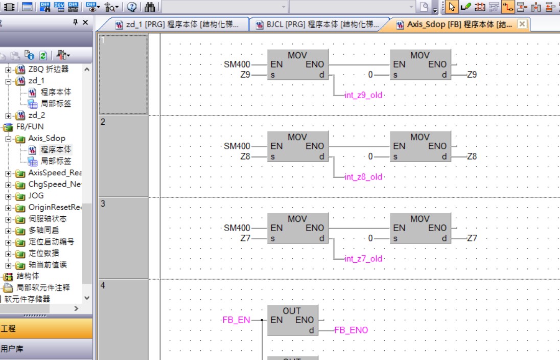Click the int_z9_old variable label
click(x=363, y=95)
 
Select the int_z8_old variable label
click(x=363, y=177)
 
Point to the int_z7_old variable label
click(x=363, y=259)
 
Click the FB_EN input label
click(x=236, y=320)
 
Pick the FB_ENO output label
click(x=351, y=330)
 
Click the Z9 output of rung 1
click(x=472, y=75)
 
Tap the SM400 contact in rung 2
click(x=237, y=146)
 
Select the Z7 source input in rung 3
click(x=245, y=238)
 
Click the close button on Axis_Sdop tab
click(x=522, y=24)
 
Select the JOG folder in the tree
click(x=36, y=196)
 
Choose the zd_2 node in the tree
click(x=36, y=116)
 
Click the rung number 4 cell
click(x=123, y=317)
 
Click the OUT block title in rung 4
click(x=292, y=311)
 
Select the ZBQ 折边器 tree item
click(x=48, y=69)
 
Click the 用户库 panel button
click(x=12, y=349)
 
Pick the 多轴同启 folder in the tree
click(x=43, y=230)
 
